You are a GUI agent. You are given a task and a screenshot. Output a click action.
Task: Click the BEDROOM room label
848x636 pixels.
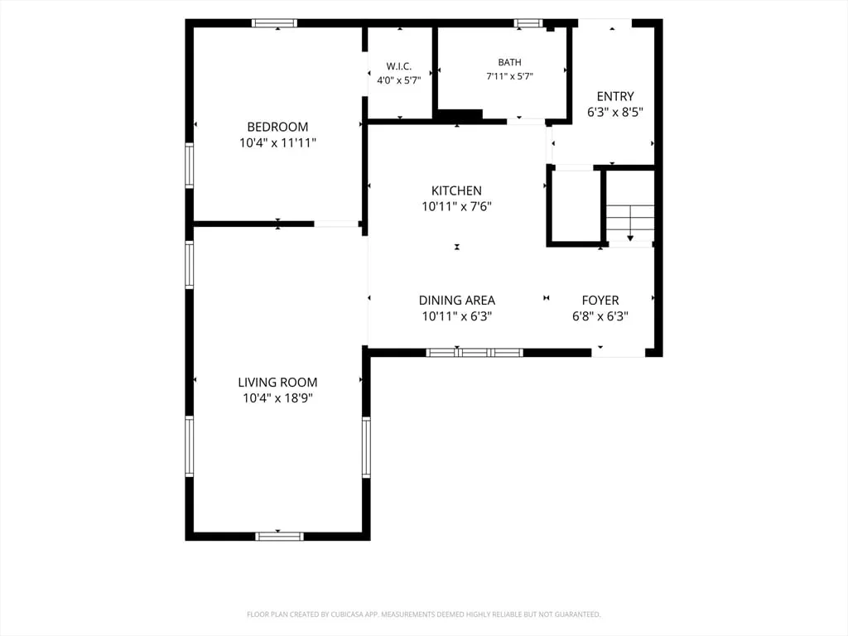pos(277,127)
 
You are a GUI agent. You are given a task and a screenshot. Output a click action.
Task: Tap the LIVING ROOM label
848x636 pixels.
pos(277,383)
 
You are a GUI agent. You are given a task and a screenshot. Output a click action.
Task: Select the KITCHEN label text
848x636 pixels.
pos(456,191)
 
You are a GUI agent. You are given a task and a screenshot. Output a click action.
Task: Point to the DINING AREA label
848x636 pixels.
pos(457,300)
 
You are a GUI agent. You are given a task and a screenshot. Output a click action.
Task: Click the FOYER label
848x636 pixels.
pos(600,300)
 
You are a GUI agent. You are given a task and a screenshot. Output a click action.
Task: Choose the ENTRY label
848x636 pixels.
pos(615,96)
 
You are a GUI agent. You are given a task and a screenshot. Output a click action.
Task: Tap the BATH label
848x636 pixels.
pos(510,62)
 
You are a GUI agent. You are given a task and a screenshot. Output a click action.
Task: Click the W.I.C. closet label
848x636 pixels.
pos(399,66)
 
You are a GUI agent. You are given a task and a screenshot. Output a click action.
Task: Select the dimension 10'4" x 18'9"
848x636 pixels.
pos(278,398)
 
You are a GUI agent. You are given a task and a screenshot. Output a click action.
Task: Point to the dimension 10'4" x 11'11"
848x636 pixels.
pos(278,143)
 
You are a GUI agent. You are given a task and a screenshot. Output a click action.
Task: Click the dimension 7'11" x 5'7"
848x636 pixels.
pos(510,76)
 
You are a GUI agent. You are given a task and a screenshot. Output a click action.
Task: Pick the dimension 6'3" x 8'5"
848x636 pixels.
pos(615,113)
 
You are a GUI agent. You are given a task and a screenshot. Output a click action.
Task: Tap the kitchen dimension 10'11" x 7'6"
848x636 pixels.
pos(457,206)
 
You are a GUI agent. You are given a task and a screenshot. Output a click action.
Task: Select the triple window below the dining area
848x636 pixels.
pos(475,353)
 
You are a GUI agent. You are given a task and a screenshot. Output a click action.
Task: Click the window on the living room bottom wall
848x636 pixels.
pos(280,537)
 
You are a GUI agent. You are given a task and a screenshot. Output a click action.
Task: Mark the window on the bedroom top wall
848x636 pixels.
pos(275,23)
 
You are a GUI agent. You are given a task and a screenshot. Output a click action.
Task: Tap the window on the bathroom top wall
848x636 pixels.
pos(528,23)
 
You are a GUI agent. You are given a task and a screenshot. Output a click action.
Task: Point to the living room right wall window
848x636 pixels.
pos(366,447)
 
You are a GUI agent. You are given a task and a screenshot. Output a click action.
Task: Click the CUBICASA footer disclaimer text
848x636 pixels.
pos(423,614)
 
